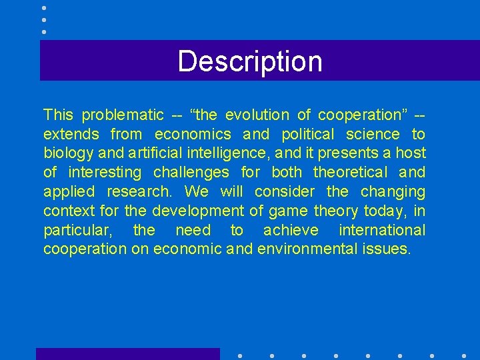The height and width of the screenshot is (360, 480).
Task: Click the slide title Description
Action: pyautogui.click(x=250, y=61)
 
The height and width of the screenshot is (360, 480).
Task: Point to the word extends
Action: pyautogui.click(x=71, y=135)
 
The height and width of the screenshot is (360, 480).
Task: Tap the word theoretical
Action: pyautogui.click(x=350, y=173)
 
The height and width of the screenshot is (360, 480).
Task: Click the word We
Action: pyautogui.click(x=196, y=192)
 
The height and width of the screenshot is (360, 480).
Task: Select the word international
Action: pyautogui.click(x=381, y=230)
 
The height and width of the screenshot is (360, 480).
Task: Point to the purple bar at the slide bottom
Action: pyautogui.click(x=127, y=354)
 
